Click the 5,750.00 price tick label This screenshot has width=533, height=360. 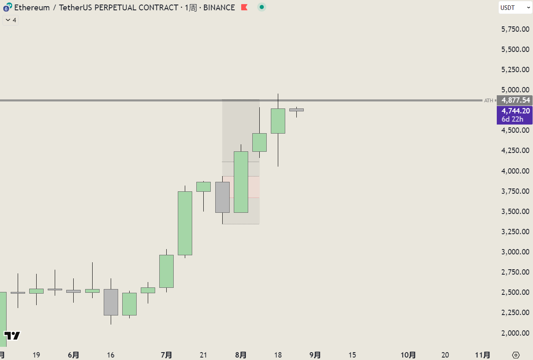coord(515,29)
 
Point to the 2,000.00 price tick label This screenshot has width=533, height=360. coord(515,333)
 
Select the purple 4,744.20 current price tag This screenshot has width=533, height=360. coord(514,115)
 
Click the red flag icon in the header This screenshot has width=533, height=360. coord(244,7)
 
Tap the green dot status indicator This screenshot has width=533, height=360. coord(261,7)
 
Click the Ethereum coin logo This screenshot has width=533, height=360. coord(7,8)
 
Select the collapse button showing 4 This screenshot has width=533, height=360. coord(11,20)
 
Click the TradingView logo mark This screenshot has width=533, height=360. coord(12,336)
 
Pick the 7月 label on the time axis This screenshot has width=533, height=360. coord(166,355)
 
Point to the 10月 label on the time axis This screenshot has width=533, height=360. coord(408,355)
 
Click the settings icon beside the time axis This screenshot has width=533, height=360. coord(516,355)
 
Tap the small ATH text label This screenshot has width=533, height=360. coord(488,100)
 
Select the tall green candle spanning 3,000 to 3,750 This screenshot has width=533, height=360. coord(185,223)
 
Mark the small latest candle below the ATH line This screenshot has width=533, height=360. coord(296,110)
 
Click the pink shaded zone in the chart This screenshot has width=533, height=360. coord(253,187)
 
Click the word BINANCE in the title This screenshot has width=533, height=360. coord(219,7)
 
